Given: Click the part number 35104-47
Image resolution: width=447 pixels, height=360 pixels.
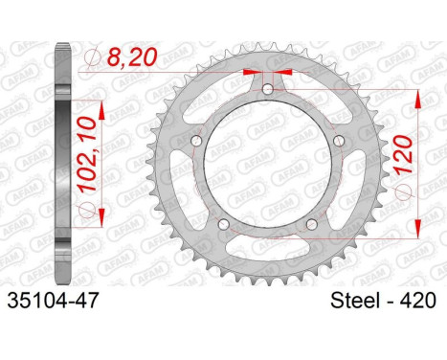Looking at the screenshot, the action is tap(52, 301).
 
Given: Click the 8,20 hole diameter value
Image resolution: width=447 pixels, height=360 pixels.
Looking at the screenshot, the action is tap(132, 57).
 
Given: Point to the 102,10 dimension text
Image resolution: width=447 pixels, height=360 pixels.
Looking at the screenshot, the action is tap(88, 154).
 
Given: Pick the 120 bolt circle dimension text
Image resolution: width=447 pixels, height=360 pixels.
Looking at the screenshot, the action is tap(403, 154).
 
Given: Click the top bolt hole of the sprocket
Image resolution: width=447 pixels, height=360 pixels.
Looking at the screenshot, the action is tap(267, 89).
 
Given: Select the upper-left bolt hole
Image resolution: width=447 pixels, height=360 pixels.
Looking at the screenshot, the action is tap(197, 140).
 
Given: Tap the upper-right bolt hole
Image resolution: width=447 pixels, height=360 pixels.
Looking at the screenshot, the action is tap(338, 140).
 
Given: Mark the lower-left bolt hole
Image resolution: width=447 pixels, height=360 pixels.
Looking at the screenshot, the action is tap(224, 223).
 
